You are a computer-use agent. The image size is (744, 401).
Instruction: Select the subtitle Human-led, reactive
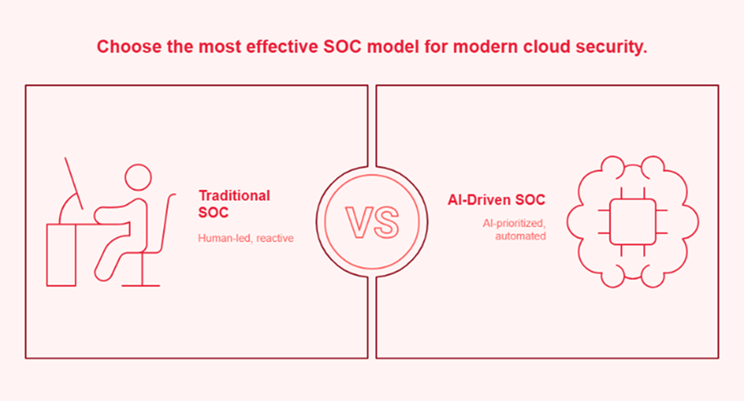click(245, 238)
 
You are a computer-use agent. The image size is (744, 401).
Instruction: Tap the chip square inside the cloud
click(632, 219)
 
